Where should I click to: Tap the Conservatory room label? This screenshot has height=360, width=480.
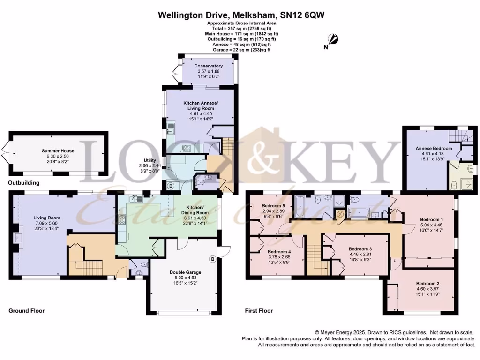[209, 66]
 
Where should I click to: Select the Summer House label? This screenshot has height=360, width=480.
[58, 151]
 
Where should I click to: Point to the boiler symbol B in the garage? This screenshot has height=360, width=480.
[212, 258]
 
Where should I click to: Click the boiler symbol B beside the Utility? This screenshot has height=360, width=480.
[171, 186]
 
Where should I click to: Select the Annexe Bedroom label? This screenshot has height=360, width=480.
[434, 149]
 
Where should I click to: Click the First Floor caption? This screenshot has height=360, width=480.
[259, 311]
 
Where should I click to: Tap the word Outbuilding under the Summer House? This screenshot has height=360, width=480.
[23, 182]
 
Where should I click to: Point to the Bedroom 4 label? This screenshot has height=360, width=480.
[272, 251]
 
